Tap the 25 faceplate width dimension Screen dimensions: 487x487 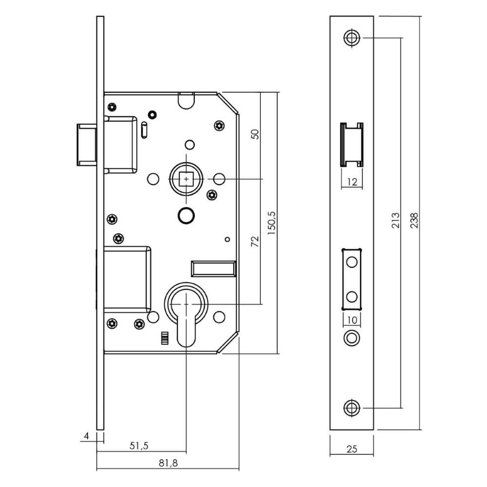pyautogui.click(x=352, y=449)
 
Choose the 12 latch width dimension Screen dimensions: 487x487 pyautogui.click(x=352, y=182)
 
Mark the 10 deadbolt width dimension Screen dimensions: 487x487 pyautogui.click(x=352, y=319)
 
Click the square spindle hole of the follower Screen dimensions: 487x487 pyautogui.click(x=186, y=180)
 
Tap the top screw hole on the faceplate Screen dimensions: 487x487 pyautogui.click(x=352, y=38)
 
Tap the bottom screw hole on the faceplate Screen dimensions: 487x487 pyautogui.click(x=352, y=408)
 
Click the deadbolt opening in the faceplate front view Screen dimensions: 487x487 pyautogui.click(x=352, y=279)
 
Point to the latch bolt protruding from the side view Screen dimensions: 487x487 pyautogui.click(x=86, y=145)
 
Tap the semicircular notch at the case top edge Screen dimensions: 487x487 pyautogui.click(x=186, y=100)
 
